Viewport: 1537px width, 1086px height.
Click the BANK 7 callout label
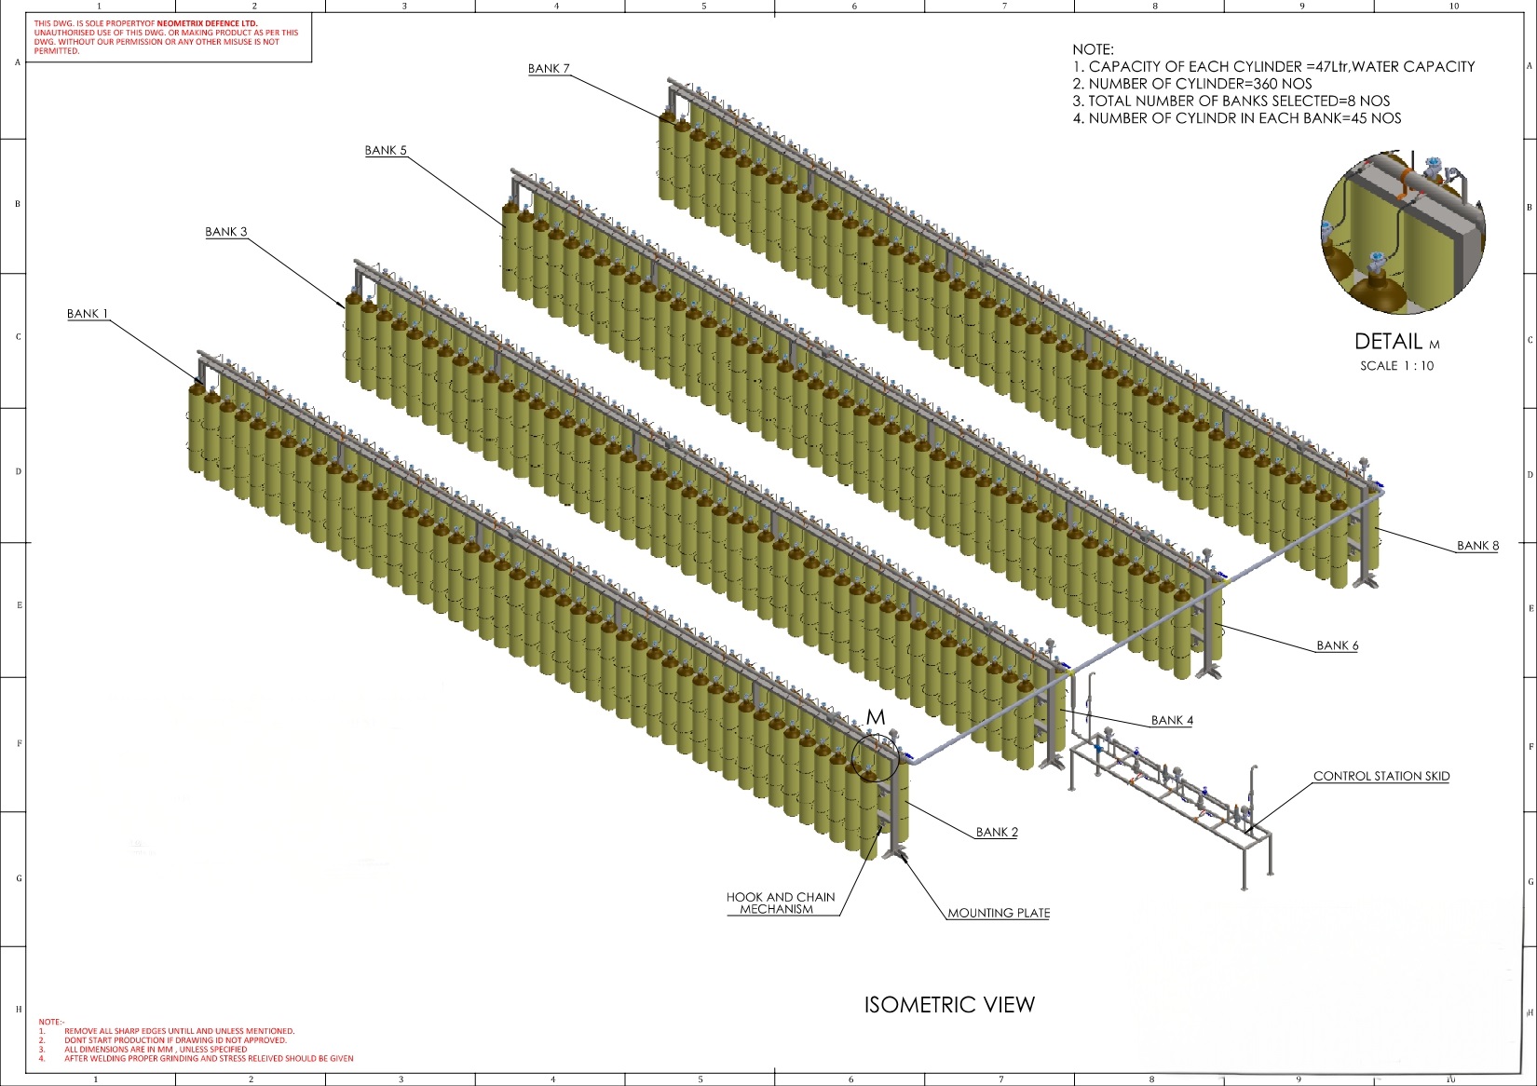point(549,68)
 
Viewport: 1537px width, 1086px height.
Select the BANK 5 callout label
point(386,150)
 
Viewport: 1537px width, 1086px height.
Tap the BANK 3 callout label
point(226,232)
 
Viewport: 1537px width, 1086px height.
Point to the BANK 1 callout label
point(88,314)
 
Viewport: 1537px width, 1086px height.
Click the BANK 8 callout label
point(1477,546)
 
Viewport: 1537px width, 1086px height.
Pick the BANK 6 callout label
point(1337,645)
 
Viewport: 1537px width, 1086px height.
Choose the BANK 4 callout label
point(1172,720)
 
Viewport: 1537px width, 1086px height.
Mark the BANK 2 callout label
point(997,832)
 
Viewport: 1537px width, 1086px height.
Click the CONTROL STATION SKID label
point(1381,776)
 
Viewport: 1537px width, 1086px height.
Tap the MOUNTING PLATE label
point(999,913)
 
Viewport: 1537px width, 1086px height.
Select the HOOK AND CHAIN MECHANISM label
point(781,903)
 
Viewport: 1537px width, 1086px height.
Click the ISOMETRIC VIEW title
point(949,1004)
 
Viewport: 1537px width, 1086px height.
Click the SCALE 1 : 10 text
point(1396,365)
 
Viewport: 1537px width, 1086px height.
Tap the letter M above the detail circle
point(875,717)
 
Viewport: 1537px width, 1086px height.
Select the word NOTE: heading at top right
point(1093,49)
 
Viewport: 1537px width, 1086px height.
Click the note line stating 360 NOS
point(1192,84)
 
